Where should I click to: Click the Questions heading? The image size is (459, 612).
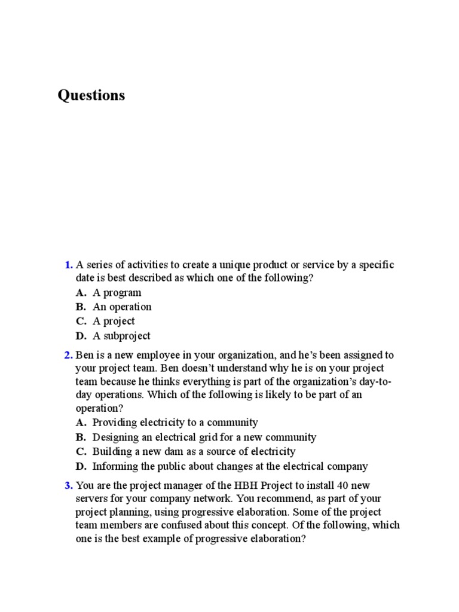pos(91,95)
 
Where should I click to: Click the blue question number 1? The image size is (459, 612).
pos(69,265)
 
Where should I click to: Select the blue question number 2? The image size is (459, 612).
pos(69,355)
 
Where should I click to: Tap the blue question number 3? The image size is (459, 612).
pos(69,485)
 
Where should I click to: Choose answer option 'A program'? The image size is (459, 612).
pos(117,293)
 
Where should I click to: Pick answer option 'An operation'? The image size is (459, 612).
pos(122,307)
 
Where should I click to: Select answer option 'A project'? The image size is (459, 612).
pos(114,322)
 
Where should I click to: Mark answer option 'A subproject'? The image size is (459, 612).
pos(121,336)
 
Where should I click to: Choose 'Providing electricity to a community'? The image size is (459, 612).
pos(175,423)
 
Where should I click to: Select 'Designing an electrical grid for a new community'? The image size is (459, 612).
pos(204,437)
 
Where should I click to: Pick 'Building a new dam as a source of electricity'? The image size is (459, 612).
pos(194,452)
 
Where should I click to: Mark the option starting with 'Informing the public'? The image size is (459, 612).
pos(230,466)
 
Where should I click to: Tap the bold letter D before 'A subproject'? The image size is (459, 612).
pos(81,336)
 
